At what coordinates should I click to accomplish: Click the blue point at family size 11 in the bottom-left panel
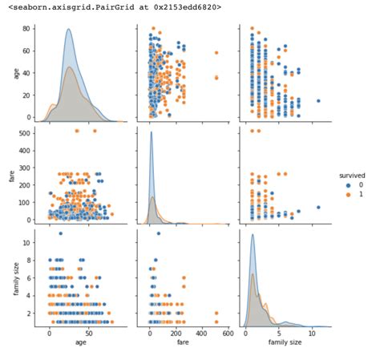click(x=60, y=233)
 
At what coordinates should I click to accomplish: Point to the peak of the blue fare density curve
click(x=152, y=131)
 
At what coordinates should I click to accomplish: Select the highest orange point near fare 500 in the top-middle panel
click(x=216, y=53)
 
